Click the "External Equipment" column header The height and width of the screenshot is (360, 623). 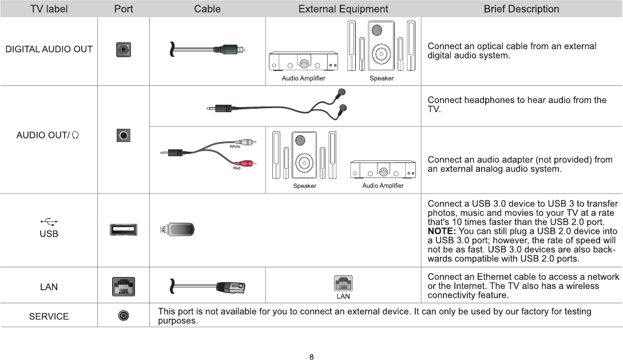tap(343, 9)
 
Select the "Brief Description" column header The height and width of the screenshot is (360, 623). tap(521, 9)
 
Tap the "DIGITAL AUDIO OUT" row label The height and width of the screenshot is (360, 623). tap(49, 49)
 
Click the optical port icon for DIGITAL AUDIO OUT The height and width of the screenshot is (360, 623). tap(124, 50)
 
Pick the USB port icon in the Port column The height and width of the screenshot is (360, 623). tap(124, 230)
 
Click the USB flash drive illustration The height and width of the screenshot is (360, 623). tap(177, 230)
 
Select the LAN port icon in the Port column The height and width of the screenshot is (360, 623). tap(124, 286)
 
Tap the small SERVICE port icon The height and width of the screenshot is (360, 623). tap(124, 315)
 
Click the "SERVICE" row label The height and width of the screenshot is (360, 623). tap(49, 317)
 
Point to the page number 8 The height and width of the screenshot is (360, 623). tap(311, 357)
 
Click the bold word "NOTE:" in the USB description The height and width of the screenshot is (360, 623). tap(441, 231)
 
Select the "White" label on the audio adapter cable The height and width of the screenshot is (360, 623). tap(235, 147)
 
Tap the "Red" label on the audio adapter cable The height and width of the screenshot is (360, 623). tap(236, 168)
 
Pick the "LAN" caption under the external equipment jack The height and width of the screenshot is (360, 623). tap(343, 296)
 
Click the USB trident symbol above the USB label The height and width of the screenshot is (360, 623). tap(49, 223)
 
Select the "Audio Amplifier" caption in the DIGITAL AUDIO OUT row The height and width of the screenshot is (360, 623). tap(303, 78)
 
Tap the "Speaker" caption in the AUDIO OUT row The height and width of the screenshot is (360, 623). tap(304, 185)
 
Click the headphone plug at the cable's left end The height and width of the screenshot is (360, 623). tap(220, 108)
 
